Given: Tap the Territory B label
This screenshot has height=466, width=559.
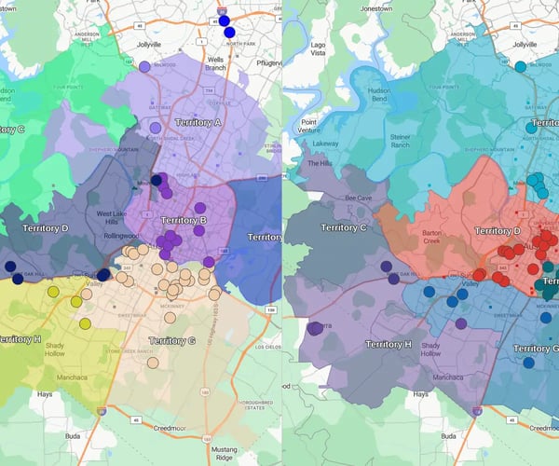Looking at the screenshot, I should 184,220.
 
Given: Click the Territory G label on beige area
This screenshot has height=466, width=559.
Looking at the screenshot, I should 171,341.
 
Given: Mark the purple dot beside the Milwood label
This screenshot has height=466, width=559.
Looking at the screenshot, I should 144,67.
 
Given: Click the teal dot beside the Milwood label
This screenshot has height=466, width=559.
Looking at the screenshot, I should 520,66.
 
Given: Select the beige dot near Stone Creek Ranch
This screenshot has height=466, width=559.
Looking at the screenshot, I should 153,362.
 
